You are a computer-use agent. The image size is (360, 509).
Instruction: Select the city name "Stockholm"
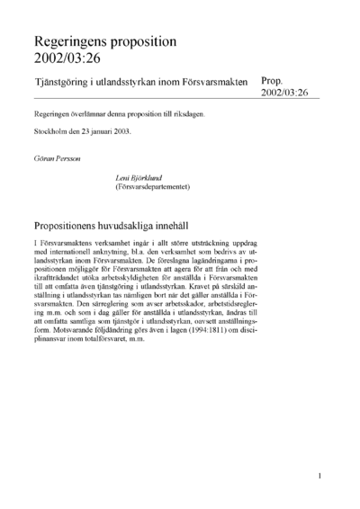point(51,132)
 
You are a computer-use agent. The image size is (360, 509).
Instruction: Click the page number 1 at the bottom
point(320,474)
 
